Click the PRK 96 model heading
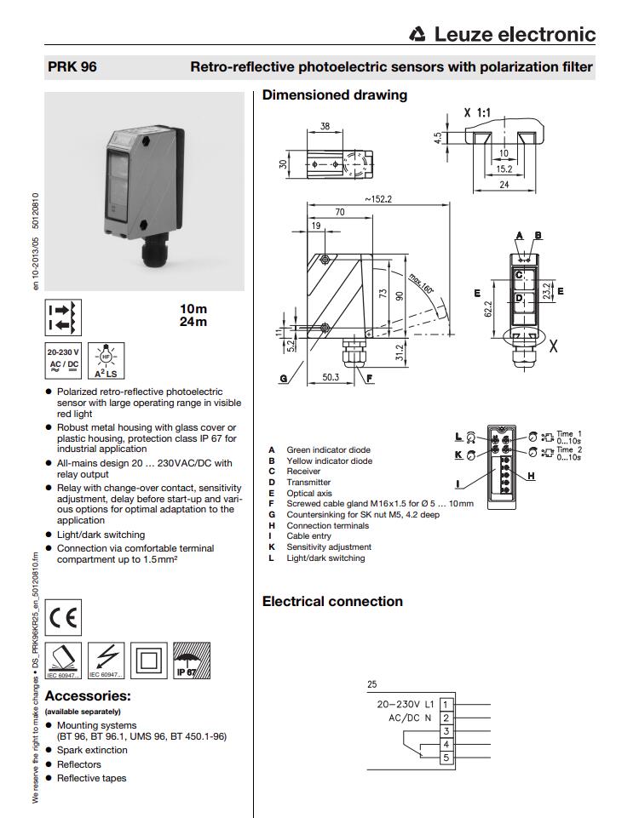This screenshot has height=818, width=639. tap(72, 67)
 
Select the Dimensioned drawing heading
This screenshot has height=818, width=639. tap(335, 95)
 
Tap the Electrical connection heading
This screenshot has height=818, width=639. tap(332, 602)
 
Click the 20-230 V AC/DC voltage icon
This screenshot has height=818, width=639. tap(64, 360)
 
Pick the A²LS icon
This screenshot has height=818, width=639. tap(106, 361)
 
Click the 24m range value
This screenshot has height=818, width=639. tap(193, 322)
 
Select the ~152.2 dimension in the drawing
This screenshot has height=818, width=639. tap(379, 199)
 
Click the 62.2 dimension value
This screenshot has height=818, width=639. tap(489, 307)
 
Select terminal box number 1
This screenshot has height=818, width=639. tap(446, 705)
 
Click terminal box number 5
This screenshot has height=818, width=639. tap(446, 758)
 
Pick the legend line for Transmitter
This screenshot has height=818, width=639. tap(308, 482)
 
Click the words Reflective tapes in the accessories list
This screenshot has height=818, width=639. tap(91, 778)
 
